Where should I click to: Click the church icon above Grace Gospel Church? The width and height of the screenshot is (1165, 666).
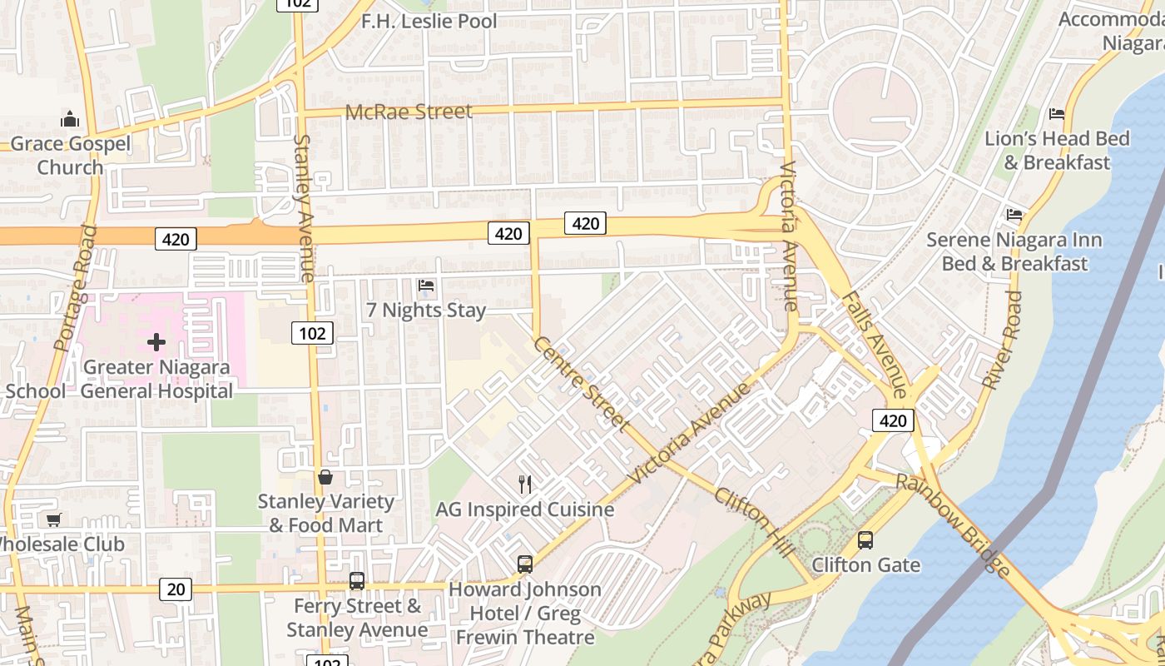coord(70,120)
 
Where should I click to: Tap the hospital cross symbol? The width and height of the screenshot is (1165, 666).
coord(156,342)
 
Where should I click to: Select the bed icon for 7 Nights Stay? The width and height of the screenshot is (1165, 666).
coord(426,286)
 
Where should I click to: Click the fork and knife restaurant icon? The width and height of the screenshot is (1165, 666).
coord(525,484)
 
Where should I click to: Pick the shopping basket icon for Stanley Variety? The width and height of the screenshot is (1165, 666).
coord(325,477)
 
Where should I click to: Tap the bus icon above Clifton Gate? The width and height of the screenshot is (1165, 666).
coord(865,540)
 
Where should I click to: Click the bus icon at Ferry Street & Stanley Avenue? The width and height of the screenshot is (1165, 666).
coord(357,581)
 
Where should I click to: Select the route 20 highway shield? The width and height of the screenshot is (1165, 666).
coord(176,589)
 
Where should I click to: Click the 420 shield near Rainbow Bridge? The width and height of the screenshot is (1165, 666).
coord(893,420)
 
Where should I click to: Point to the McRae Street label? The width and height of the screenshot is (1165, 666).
coord(409,112)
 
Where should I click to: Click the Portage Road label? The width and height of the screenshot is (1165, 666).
coord(75,287)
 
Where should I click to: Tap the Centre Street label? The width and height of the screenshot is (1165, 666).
coord(581,384)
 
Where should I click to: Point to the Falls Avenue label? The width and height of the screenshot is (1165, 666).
coord(875,344)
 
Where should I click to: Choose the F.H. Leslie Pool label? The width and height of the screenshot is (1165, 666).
coord(429,21)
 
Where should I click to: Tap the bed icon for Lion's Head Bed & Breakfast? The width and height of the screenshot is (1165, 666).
coord(1057,113)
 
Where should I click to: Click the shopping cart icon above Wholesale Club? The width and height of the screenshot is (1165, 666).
coord(54,520)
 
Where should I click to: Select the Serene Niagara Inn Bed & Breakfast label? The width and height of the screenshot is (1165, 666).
coord(1014,251)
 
